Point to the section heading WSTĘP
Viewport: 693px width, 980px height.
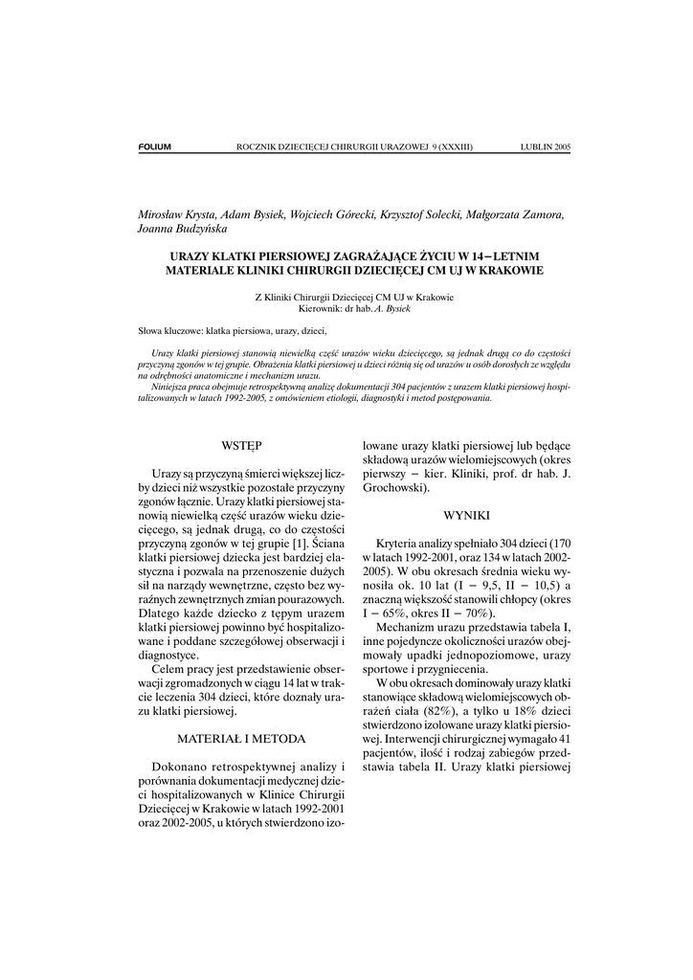241,445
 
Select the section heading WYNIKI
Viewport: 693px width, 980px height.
467,514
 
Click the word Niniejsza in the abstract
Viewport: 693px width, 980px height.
171,389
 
